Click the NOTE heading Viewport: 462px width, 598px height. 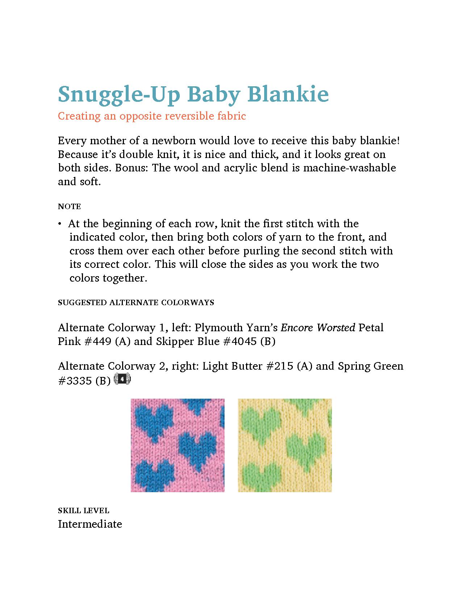click(69, 207)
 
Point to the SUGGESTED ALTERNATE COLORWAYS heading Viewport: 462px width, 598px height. click(136, 302)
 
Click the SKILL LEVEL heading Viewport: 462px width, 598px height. click(83, 511)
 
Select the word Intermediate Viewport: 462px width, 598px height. click(90, 524)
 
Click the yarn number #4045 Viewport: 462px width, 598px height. click(238, 341)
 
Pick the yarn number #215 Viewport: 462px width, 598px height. click(280, 366)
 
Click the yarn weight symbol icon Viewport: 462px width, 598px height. click(122, 379)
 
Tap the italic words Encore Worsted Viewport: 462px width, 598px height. click(318, 328)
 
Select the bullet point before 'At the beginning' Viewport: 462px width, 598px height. click(59, 224)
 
